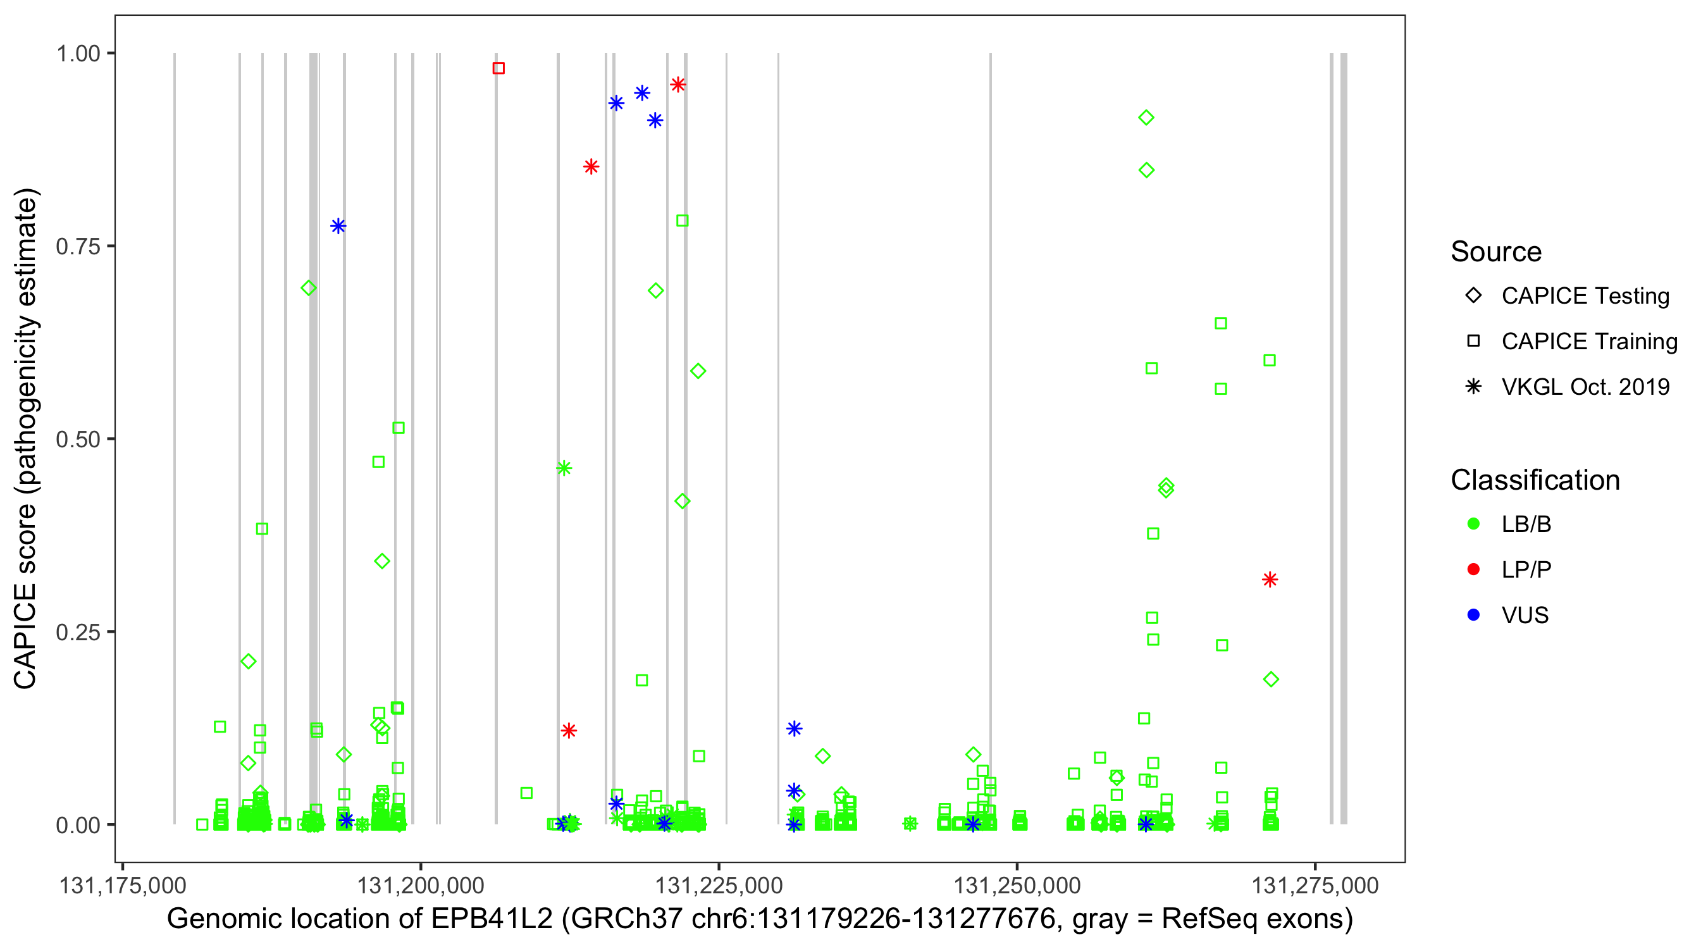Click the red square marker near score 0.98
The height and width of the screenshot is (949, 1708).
(x=498, y=68)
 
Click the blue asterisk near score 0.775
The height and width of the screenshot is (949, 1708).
(x=338, y=226)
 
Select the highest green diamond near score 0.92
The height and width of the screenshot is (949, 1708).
(x=1146, y=118)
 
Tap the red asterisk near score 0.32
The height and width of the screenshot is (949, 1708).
(x=1270, y=580)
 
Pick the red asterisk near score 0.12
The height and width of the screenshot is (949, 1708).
(x=568, y=731)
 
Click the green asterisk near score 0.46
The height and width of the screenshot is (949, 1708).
(x=564, y=468)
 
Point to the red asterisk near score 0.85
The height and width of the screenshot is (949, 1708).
(x=591, y=166)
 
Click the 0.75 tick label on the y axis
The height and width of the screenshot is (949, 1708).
(x=77, y=247)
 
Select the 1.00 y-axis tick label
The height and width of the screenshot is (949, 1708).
(x=77, y=54)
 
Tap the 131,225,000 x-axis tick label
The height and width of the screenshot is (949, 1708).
(x=719, y=885)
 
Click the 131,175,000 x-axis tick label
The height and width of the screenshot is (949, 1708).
(x=123, y=885)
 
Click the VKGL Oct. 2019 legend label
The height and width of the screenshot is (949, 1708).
(x=1585, y=387)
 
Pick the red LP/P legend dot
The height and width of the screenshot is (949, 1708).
(x=1473, y=569)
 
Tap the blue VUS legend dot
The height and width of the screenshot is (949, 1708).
(x=1473, y=615)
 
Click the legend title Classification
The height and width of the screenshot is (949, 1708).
(x=1535, y=480)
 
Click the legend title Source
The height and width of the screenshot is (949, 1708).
(x=1496, y=251)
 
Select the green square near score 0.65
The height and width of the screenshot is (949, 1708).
(x=1221, y=323)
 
